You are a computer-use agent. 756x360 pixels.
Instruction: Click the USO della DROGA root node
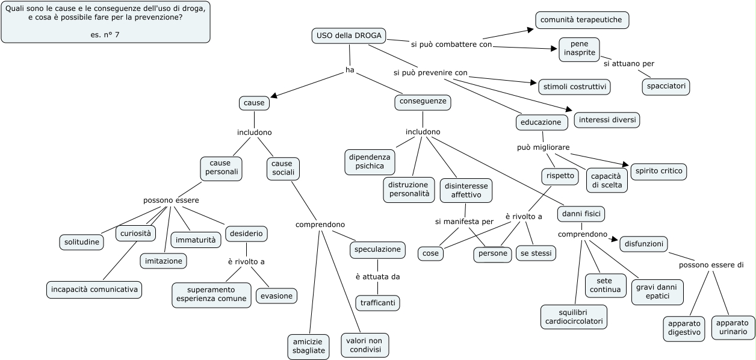click(x=349, y=36)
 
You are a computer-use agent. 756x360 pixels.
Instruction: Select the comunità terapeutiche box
click(x=582, y=20)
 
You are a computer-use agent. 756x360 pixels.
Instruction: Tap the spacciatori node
click(x=666, y=87)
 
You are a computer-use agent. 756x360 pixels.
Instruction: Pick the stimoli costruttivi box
click(x=574, y=87)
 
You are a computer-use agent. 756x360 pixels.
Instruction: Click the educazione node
click(x=542, y=122)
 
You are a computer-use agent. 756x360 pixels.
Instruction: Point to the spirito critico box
click(x=658, y=171)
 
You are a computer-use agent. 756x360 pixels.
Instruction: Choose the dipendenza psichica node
click(x=370, y=162)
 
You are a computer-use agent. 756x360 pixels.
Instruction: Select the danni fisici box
click(x=581, y=214)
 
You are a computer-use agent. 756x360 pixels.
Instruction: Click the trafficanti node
click(x=377, y=303)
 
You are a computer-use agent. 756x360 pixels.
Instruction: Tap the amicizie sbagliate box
click(x=308, y=347)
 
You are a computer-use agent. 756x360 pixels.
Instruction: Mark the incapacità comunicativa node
click(x=94, y=290)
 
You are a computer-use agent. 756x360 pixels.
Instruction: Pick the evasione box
click(x=276, y=296)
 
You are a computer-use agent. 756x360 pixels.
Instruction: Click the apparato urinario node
click(x=733, y=327)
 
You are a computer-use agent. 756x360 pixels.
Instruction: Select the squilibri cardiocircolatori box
click(x=574, y=317)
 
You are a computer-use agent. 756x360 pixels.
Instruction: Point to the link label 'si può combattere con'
click(x=451, y=45)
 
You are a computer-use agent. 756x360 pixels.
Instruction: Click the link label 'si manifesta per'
click(x=464, y=222)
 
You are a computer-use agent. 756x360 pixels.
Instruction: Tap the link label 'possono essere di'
click(x=711, y=265)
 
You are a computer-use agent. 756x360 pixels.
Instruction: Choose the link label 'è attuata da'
click(x=377, y=277)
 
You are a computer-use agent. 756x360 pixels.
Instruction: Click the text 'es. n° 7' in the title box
click(x=105, y=35)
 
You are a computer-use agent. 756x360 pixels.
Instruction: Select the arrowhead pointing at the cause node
click(x=274, y=96)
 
